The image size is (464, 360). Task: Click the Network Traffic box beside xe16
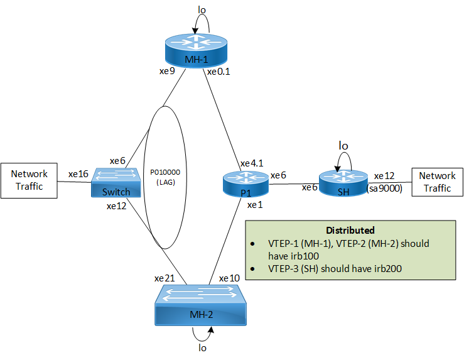pyautogui.click(x=30, y=181)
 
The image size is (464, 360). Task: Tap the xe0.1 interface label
pyautogui.click(x=219, y=72)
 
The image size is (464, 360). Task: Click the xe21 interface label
pyautogui.click(x=165, y=277)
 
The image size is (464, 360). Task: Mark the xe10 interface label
pyautogui.click(x=229, y=277)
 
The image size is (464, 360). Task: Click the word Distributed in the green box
pyautogui.click(x=350, y=231)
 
